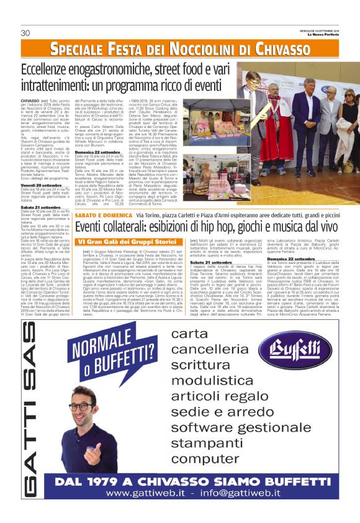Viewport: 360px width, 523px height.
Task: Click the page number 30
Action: [x=25, y=33]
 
